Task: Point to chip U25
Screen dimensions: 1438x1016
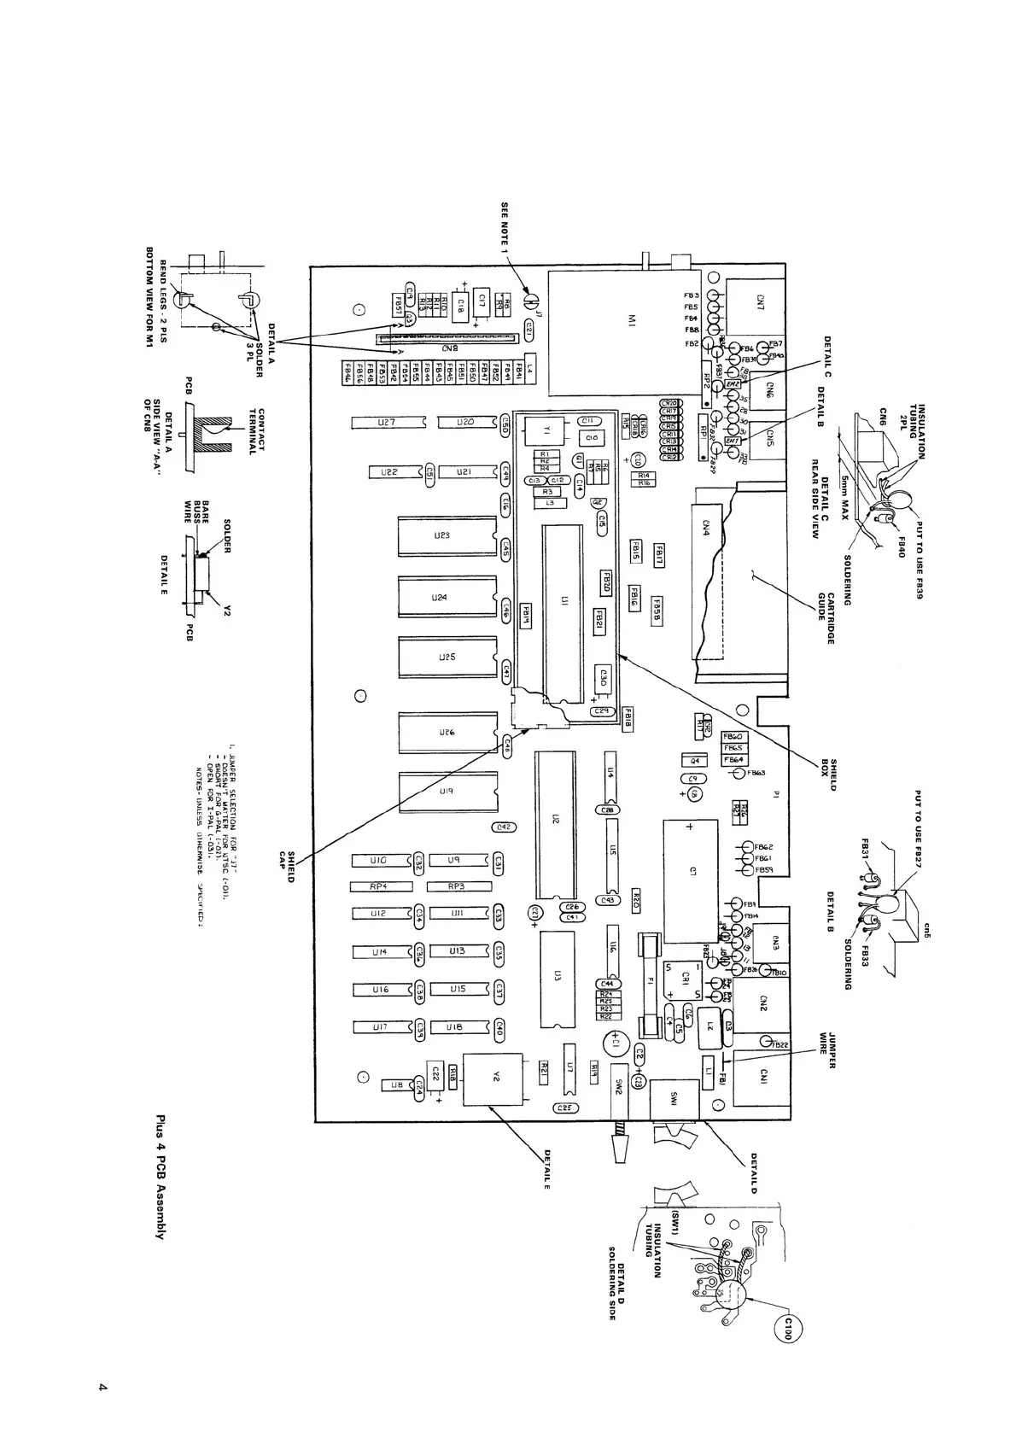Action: [446, 658]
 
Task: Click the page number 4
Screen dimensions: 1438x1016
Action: [100, 1388]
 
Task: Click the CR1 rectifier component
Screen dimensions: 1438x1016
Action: [685, 980]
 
